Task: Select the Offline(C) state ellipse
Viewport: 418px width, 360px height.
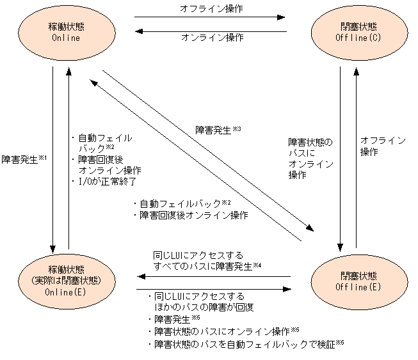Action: pyautogui.click(x=350, y=31)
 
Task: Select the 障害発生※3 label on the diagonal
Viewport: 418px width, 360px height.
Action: pyautogui.click(x=218, y=130)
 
